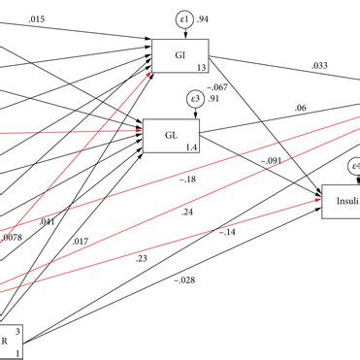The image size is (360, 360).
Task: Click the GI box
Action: pos(180,55)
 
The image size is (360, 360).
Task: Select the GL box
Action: pos(171,135)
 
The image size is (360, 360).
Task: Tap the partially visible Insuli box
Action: pos(341,202)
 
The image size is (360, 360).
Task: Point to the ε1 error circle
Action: pos(181,19)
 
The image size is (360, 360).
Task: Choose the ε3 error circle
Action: pos(193,98)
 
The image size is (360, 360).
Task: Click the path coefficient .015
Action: pos(36,19)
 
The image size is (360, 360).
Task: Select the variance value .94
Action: pos(204,19)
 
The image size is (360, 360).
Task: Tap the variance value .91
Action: pos(213,98)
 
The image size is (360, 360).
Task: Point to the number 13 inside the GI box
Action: pos(201,67)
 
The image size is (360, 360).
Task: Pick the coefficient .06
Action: pos(301,109)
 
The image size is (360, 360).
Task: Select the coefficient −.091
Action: pos(273,160)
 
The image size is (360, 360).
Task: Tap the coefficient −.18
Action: pos(187,178)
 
